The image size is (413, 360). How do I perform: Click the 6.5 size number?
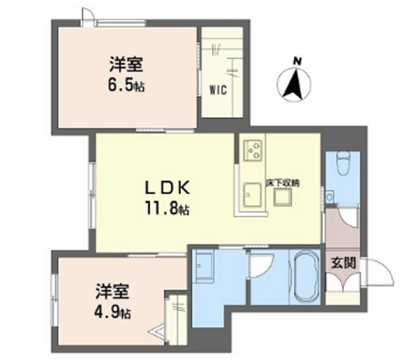coord(125,87)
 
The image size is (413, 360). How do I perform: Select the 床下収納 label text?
coord(284,184)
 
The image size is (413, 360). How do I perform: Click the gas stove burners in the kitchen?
coord(252,149)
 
